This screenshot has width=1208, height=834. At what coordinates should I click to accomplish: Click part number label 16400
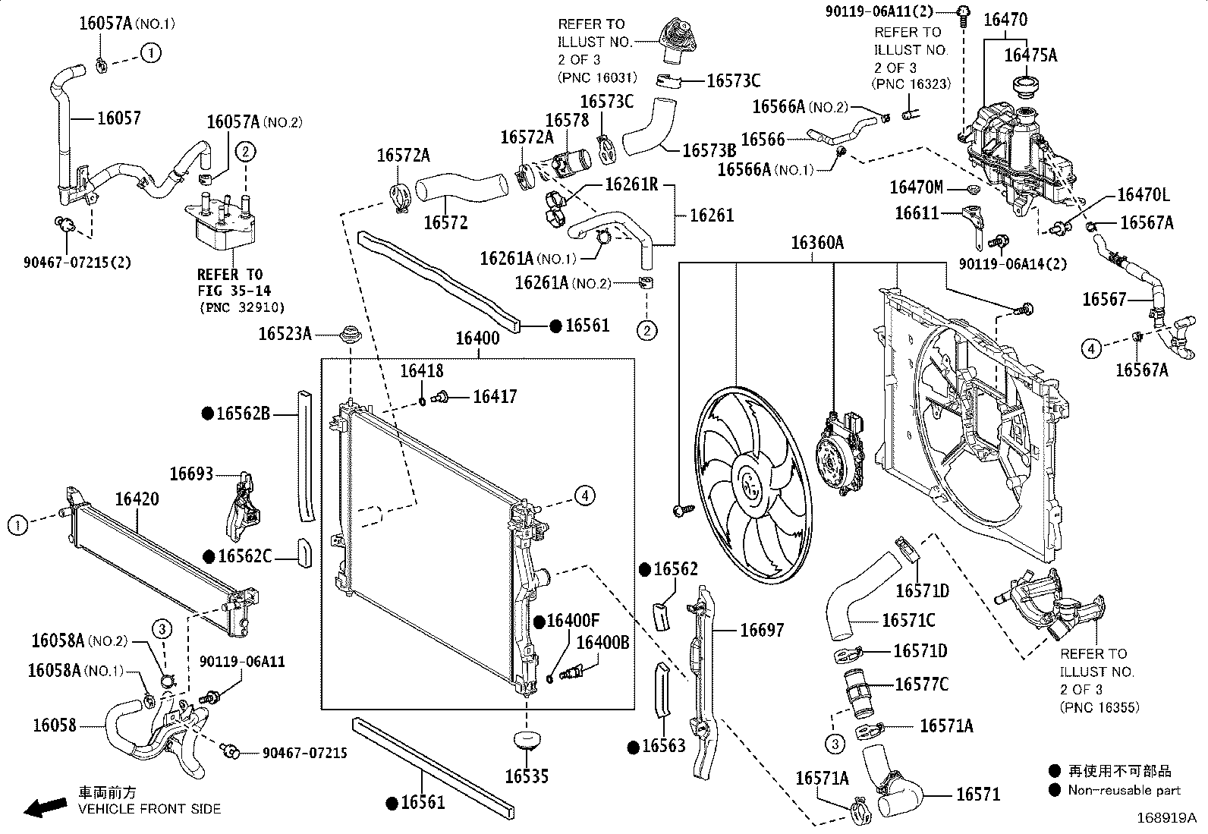(477, 338)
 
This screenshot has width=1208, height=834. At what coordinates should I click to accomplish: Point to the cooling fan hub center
(750, 483)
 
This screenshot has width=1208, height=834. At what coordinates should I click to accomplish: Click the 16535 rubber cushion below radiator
(526, 740)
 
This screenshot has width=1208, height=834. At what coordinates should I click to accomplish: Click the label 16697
(762, 630)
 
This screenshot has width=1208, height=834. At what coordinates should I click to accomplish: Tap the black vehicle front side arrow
(46, 807)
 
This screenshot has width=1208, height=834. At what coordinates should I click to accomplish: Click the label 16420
(137, 499)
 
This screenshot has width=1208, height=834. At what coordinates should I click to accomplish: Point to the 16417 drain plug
(441, 398)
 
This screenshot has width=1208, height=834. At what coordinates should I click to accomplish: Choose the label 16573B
(709, 150)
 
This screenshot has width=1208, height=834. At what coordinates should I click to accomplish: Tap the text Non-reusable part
(1124, 790)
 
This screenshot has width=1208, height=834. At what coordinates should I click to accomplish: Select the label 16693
(191, 474)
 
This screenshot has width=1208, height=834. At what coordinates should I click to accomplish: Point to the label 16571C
(908, 620)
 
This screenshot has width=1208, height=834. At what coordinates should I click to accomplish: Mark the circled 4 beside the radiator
(585, 496)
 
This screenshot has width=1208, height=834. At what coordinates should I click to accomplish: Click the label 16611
(917, 213)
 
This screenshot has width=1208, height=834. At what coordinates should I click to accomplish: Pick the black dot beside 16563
(634, 747)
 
